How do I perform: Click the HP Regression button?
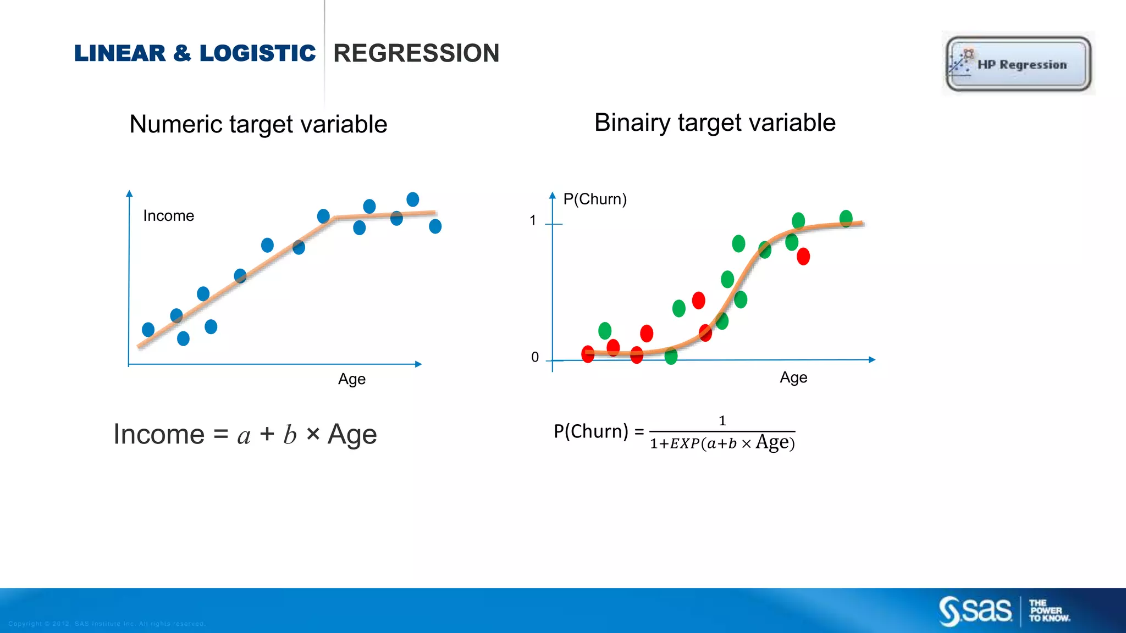tap(1018, 64)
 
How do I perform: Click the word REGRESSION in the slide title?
tap(416, 53)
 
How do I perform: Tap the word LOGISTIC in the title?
tap(257, 53)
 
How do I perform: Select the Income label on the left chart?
tap(168, 215)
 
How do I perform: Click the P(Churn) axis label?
tap(595, 199)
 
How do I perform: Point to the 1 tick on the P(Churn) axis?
tap(533, 220)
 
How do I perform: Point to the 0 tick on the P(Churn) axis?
tap(535, 357)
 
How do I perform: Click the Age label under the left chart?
tap(352, 379)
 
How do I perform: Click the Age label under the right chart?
tap(793, 377)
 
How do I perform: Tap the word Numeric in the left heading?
tap(175, 124)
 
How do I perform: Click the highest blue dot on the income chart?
tap(413, 199)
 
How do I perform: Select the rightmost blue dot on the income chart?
tap(435, 226)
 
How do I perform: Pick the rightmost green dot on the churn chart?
tap(846, 218)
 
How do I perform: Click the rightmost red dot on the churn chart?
tap(803, 256)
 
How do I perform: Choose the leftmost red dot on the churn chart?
tap(588, 354)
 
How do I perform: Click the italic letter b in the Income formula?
tap(290, 435)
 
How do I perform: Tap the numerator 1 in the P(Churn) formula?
tap(722, 421)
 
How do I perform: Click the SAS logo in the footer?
tap(975, 610)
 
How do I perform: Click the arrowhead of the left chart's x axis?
tap(418, 364)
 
